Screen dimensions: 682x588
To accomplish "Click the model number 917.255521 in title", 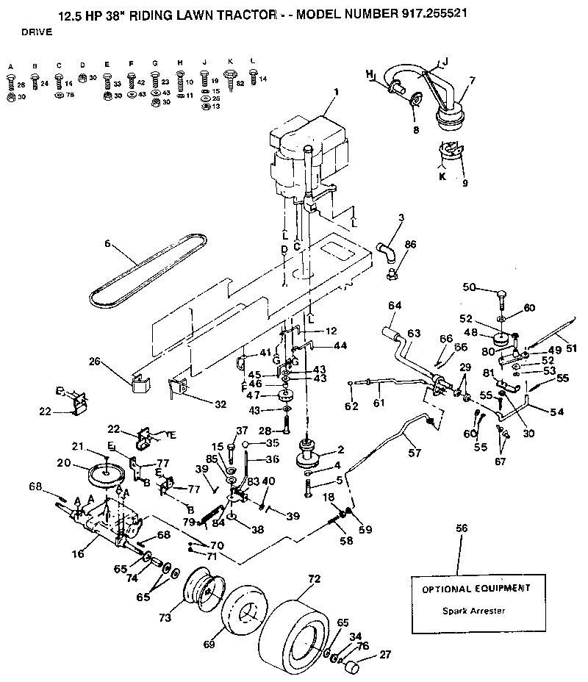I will point(431,13).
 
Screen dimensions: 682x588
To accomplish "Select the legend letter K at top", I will point(230,61).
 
